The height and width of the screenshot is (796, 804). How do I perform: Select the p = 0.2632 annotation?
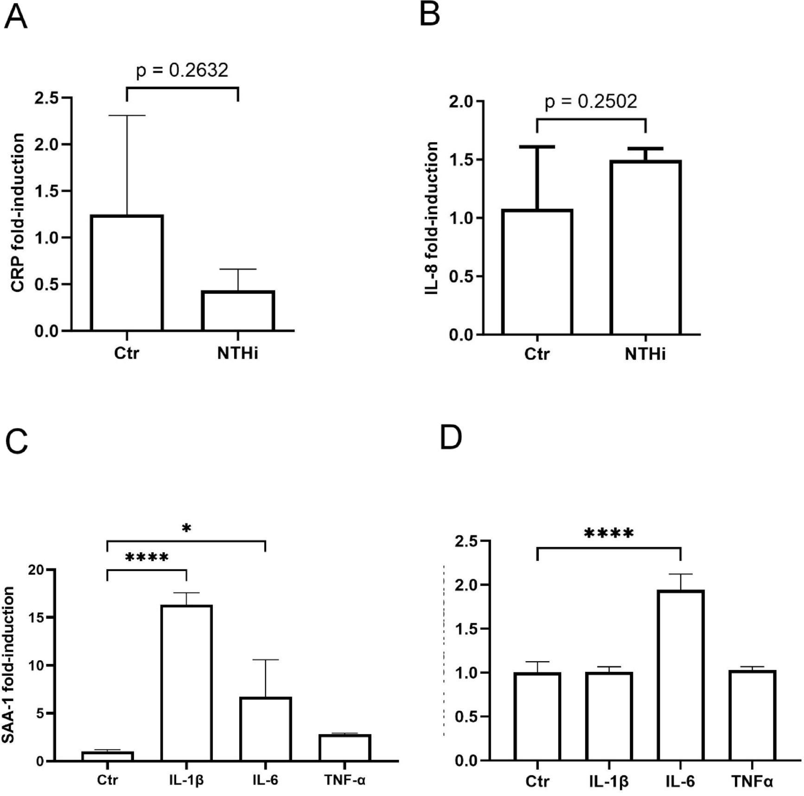pyautogui.click(x=182, y=70)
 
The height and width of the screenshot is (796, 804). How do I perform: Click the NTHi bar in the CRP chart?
pyautogui.click(x=238, y=310)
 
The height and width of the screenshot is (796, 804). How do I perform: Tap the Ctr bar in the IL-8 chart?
pyautogui.click(x=537, y=272)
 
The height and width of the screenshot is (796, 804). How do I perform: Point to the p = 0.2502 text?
pyautogui.click(x=591, y=101)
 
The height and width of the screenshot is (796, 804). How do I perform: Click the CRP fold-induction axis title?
pyautogui.click(x=18, y=213)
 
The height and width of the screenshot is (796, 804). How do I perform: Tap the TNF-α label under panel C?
pyautogui.click(x=345, y=780)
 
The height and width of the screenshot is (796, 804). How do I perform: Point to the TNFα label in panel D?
pyautogui.click(x=752, y=782)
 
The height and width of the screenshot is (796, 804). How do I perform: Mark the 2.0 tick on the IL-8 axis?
pyautogui.click(x=460, y=101)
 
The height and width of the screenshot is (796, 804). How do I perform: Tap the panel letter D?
pyautogui.click(x=450, y=437)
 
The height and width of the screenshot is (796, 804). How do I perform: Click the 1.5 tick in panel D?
pyautogui.click(x=466, y=629)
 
